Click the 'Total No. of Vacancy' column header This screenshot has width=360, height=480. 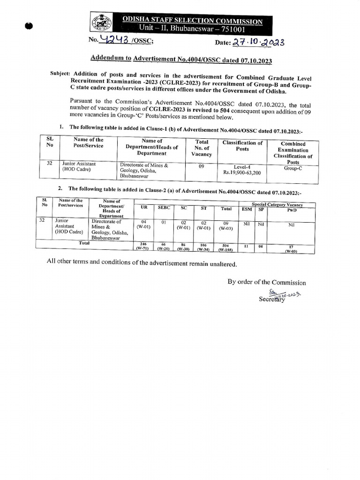click(x=202, y=148)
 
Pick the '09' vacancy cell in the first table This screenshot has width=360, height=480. click(x=201, y=166)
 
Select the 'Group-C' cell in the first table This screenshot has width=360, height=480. click(x=293, y=166)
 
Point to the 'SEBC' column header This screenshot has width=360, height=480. click(x=164, y=208)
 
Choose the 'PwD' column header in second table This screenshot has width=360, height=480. click(x=292, y=210)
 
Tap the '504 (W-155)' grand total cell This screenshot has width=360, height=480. click(x=226, y=247)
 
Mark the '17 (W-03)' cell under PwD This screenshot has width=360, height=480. click(x=291, y=248)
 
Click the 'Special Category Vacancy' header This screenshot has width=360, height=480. click(x=277, y=204)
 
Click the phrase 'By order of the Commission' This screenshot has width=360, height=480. click(x=266, y=282)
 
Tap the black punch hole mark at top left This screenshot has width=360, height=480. click(x=30, y=26)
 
